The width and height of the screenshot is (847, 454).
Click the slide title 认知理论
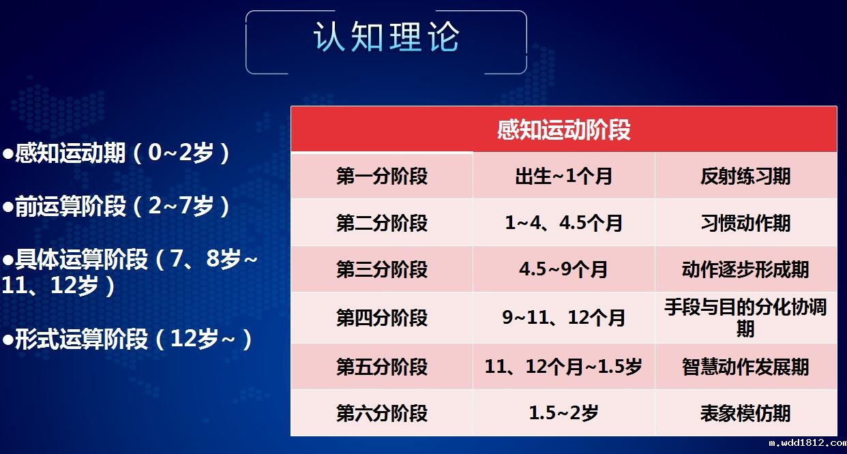pyautogui.click(x=386, y=37)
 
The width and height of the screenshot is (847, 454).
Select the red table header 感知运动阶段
pyautogui.click(x=563, y=130)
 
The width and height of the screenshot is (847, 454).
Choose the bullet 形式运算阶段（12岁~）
pyautogui.click(x=128, y=338)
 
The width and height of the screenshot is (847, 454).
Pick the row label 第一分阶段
pyautogui.click(x=382, y=177)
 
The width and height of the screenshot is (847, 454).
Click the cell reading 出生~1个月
pyautogui.click(x=563, y=177)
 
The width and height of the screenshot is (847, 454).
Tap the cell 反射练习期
pyautogui.click(x=745, y=177)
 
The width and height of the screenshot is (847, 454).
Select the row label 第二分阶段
pyautogui.click(x=382, y=223)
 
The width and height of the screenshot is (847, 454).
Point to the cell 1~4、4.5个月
pyautogui.click(x=563, y=223)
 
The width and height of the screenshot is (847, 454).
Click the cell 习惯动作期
pyautogui.click(x=745, y=223)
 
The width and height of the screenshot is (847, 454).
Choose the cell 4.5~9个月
pyautogui.click(x=563, y=269)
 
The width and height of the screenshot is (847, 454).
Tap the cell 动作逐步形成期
pyautogui.click(x=745, y=269)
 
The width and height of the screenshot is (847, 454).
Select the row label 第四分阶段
pyautogui.click(x=382, y=318)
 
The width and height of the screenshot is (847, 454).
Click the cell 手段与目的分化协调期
pyautogui.click(x=745, y=318)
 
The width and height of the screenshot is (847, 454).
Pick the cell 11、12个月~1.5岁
pyautogui.click(x=563, y=367)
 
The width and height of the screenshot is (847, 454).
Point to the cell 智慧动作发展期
pyautogui.click(x=745, y=367)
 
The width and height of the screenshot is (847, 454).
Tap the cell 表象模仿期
pyautogui.click(x=745, y=413)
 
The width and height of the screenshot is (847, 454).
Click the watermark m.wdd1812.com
pyautogui.click(x=807, y=443)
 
